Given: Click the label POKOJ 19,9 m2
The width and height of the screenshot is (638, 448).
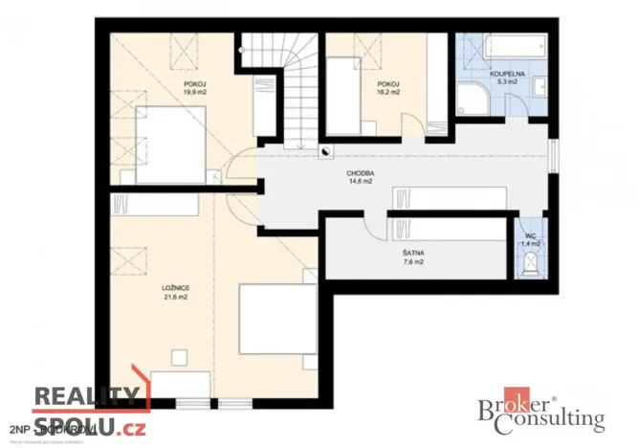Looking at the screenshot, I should [196, 89].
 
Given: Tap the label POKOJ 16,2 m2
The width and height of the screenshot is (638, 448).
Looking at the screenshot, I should [387, 89].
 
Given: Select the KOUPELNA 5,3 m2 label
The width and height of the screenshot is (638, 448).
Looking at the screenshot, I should [504, 78].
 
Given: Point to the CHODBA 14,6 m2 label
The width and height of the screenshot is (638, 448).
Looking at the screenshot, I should [361, 178].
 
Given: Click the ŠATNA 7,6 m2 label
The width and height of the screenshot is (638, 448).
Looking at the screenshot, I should [414, 258].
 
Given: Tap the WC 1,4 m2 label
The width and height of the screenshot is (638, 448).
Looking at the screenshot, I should [530, 240].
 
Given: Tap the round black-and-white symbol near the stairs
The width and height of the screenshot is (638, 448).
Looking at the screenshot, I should [326, 151].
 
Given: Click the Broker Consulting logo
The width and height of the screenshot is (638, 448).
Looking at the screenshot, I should [540, 413].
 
